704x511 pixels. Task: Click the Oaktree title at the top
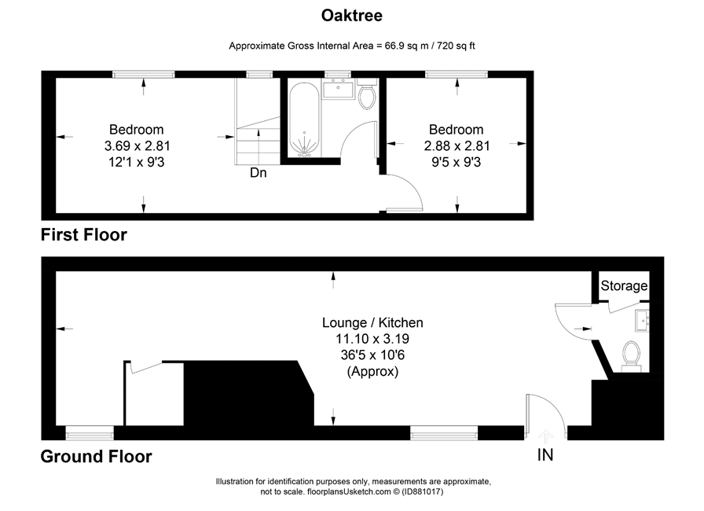(351, 16)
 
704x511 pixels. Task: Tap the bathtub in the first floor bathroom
(304, 120)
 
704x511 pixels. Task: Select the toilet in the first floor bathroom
(367, 94)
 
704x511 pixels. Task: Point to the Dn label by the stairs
(258, 173)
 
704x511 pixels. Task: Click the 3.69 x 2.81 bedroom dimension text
(137, 146)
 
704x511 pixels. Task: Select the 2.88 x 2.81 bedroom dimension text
(456, 146)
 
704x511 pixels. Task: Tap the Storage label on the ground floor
(624, 285)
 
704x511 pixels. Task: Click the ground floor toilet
(632, 356)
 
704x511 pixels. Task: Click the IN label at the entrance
(545, 455)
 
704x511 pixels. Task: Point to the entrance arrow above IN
(545, 436)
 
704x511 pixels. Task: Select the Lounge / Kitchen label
(372, 323)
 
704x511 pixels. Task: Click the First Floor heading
(84, 235)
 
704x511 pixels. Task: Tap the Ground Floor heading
(97, 457)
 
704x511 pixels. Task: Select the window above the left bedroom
(143, 75)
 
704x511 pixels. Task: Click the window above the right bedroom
(456, 75)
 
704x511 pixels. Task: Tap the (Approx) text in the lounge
(372, 372)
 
